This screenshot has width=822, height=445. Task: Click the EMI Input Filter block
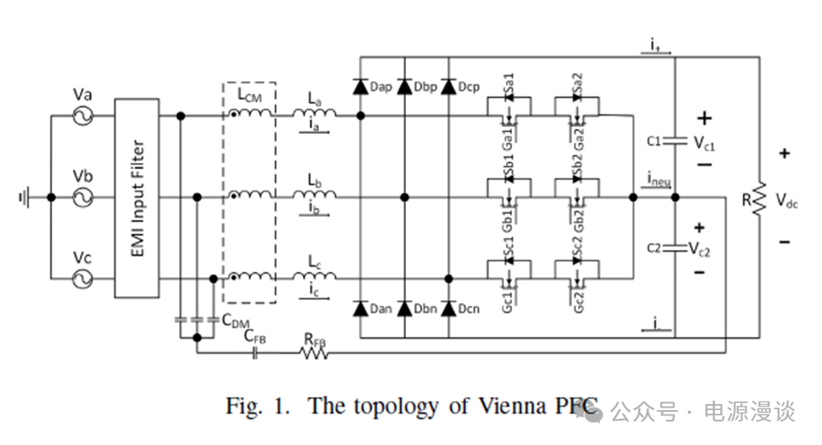138,198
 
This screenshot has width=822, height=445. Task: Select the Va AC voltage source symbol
84,116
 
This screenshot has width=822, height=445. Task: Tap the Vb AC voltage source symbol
84,198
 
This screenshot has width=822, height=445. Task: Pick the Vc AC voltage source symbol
84,278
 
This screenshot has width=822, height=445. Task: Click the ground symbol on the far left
24,198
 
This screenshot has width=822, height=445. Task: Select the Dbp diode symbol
404,87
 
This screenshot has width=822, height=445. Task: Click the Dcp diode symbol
448,87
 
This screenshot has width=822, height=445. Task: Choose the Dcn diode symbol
448,308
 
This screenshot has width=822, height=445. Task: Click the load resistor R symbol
758,198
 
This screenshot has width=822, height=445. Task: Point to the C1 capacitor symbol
675,139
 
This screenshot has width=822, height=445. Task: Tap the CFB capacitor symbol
256,353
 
